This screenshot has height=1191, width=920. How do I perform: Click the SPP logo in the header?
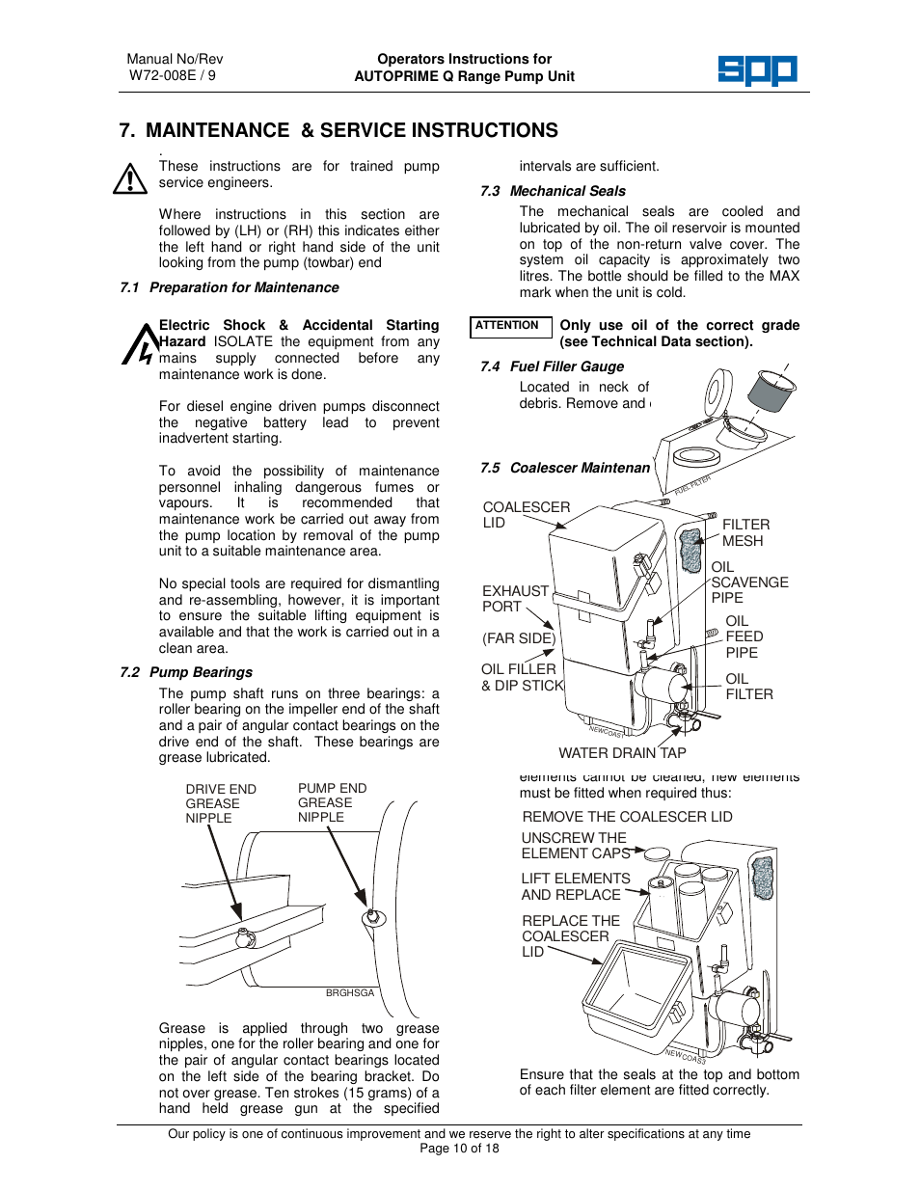pos(757,69)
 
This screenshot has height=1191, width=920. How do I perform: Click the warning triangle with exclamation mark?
pos(129,178)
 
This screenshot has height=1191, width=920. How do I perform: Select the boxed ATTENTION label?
pos(509,326)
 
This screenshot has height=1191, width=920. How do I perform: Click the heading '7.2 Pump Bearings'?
pos(186,672)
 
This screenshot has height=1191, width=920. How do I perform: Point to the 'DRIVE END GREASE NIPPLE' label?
pos(220,803)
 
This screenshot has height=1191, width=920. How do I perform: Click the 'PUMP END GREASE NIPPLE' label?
pos(332,802)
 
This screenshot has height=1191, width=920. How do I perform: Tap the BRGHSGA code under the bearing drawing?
pos(349,992)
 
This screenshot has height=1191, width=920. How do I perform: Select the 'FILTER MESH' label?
pos(745,532)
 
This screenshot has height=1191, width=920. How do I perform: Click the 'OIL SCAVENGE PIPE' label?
pos(749,582)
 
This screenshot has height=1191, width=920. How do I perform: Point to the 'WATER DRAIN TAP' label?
pos(622,753)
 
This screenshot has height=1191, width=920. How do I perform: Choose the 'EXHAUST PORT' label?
pos(515,599)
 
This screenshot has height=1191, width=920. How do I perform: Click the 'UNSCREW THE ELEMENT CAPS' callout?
pos(574,846)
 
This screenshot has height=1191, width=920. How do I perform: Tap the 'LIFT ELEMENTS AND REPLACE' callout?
pos(575,886)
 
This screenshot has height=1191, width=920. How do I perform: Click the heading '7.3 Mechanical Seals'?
pos(553,191)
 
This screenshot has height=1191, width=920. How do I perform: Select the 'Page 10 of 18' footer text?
pos(459,1149)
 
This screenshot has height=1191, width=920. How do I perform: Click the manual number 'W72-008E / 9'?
pos(173,75)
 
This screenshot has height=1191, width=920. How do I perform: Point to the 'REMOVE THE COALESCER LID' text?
pos(627,817)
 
